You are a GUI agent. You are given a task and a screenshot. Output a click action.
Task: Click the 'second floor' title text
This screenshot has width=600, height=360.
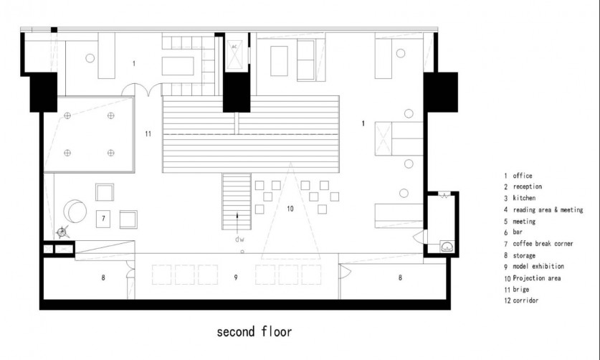254,331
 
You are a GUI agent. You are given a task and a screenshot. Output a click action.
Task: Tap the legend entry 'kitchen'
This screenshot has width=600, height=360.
524,198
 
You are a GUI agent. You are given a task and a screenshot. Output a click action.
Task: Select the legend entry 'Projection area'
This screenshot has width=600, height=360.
536,278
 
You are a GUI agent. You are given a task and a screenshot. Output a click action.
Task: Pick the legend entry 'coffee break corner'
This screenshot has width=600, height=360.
543,244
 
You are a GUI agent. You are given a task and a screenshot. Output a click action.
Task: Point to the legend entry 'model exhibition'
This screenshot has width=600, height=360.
538,266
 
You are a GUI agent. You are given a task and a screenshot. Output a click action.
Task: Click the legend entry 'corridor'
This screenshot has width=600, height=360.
525,300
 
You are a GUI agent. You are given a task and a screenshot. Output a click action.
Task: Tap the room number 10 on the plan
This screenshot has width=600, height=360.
290,209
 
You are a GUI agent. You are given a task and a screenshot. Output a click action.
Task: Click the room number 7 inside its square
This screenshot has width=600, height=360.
103,219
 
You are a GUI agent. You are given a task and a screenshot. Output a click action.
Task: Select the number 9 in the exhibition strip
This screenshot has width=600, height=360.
236,278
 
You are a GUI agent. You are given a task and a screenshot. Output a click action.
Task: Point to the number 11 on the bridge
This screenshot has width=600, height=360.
148,133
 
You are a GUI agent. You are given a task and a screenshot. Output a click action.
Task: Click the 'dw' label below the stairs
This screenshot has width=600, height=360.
239,240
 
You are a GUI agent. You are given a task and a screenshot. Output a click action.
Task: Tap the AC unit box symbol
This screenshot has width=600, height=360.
234,55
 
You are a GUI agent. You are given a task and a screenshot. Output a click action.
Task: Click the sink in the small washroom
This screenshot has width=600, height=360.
447,246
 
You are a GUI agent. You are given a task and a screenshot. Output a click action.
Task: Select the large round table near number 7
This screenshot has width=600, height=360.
75,211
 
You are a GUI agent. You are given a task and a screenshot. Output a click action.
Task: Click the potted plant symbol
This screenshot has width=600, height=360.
62,232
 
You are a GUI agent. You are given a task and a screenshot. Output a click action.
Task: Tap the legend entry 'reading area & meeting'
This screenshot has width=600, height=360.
548,210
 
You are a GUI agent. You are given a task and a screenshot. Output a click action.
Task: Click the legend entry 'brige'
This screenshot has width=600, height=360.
521,290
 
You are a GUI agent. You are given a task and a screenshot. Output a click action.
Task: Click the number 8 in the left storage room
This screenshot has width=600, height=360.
103,278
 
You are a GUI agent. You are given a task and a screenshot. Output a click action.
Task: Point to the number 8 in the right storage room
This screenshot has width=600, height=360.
400,278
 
